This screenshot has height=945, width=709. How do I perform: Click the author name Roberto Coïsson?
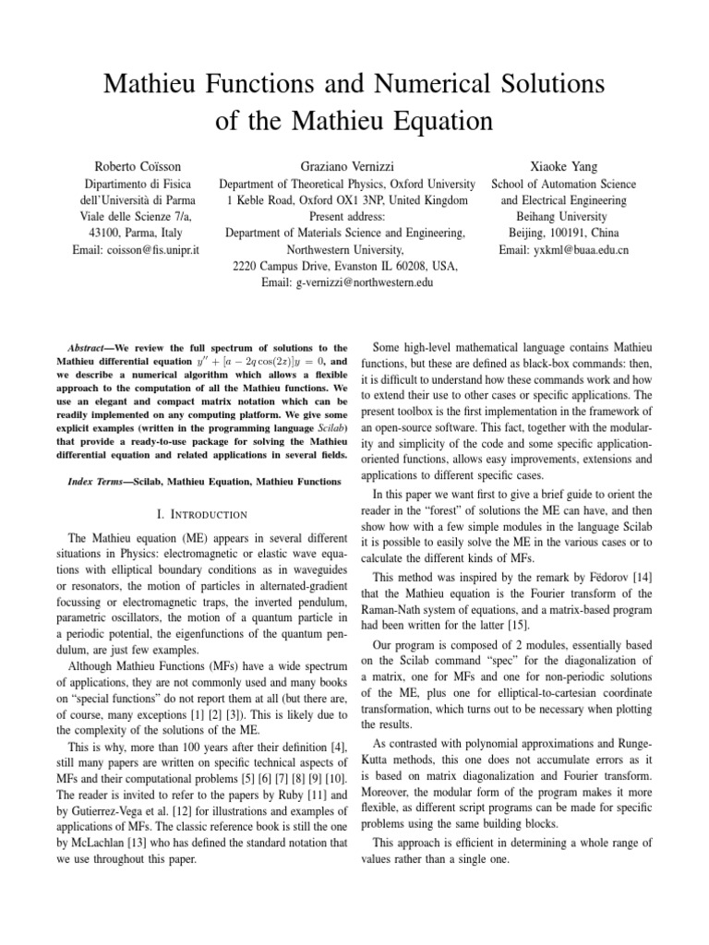(141, 167)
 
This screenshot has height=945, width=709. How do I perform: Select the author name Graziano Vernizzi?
(346, 167)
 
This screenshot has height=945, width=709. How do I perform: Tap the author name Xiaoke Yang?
(563, 167)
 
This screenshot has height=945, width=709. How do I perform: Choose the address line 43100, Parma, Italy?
(142, 233)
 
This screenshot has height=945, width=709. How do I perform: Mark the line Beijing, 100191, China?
(563, 233)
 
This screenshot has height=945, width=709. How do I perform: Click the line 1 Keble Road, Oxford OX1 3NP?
(346, 200)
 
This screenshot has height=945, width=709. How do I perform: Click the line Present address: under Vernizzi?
(346, 217)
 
